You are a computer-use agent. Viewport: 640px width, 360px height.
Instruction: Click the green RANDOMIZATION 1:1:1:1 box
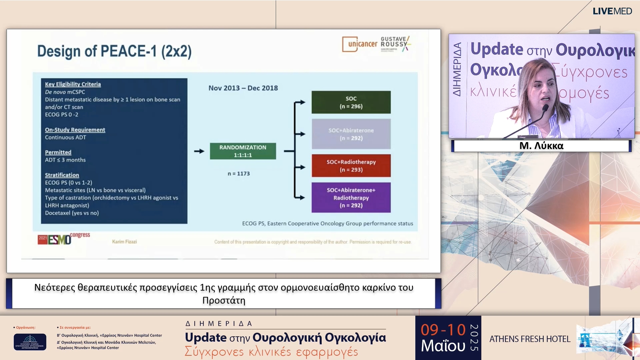[243, 151]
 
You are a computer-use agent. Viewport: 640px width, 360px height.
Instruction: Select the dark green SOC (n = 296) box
[351, 102]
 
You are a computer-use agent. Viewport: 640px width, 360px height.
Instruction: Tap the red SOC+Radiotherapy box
[351, 166]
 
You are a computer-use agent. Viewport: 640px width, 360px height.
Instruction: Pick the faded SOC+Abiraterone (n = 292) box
[351, 134]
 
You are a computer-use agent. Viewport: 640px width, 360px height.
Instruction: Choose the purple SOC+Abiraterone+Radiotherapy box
[351, 197]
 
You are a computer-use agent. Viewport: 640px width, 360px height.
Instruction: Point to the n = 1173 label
[239, 174]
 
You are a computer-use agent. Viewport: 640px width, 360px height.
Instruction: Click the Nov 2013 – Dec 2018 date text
[243, 88]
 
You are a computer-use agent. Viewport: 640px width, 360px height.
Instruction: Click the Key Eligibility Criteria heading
[73, 84]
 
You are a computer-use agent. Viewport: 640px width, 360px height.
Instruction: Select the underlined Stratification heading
[62, 175]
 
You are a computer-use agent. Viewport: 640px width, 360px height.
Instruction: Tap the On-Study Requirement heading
[75, 130]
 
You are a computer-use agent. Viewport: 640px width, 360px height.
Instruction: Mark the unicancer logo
[360, 44]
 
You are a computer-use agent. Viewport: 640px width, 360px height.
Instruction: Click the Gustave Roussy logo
[395, 44]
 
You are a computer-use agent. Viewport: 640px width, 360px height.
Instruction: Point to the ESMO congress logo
[63, 239]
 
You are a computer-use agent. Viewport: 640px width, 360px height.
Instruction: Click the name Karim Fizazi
[124, 242]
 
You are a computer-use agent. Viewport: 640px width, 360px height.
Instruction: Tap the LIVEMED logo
[612, 11]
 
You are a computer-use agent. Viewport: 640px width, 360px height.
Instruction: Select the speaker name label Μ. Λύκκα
[541, 146]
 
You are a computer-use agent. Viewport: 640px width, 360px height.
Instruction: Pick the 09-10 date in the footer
[443, 330]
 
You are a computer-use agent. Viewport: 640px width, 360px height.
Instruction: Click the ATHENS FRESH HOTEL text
[530, 339]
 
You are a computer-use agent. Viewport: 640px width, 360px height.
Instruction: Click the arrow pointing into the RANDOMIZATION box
[199, 151]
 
